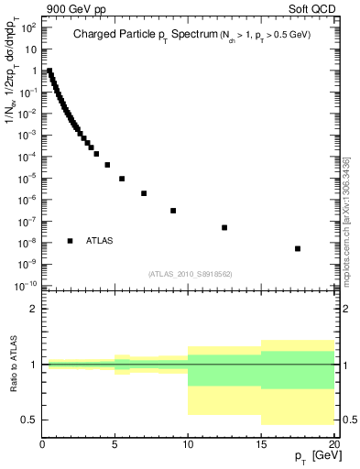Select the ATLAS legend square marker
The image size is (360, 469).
[x=71, y=241]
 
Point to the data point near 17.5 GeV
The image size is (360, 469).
[x=298, y=248]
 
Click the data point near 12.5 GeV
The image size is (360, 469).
[x=224, y=227]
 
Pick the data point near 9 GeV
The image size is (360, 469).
[x=173, y=211]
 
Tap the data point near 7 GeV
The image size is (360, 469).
[x=144, y=193]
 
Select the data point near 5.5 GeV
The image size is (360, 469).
[x=122, y=179]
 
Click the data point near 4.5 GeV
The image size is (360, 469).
[x=107, y=165]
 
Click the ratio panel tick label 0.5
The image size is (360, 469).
[x=30, y=420]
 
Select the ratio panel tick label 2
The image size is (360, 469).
[x=33, y=310]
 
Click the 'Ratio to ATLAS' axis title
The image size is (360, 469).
[x=14, y=365]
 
